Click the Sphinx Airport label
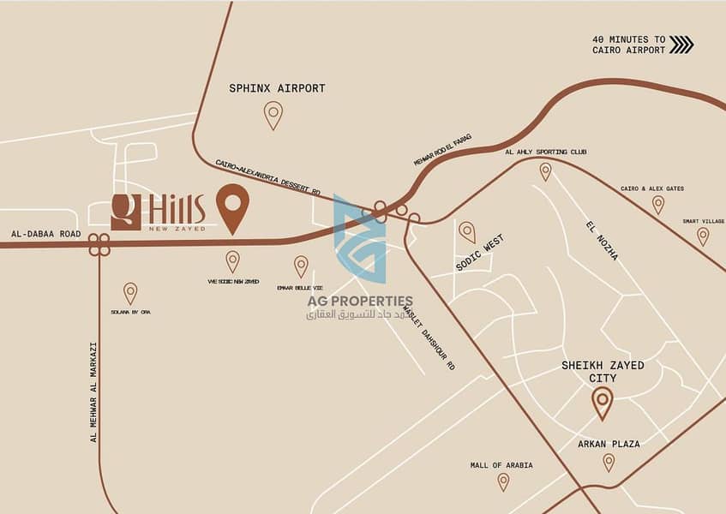(x=276, y=88)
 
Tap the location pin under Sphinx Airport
(x=273, y=114)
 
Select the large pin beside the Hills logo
(x=232, y=206)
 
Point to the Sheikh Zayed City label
(x=603, y=371)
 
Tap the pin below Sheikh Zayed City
(x=603, y=402)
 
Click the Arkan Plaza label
(x=608, y=444)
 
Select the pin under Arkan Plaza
(x=609, y=463)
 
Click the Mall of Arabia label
(x=501, y=465)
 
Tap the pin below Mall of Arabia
(x=503, y=481)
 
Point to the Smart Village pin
(x=703, y=236)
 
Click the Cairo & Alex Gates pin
(x=657, y=204)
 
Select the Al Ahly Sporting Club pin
(x=545, y=171)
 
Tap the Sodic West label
(x=480, y=253)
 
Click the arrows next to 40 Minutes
(x=681, y=45)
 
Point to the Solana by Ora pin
(x=130, y=293)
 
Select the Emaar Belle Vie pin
(x=301, y=266)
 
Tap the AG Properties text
(x=360, y=301)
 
